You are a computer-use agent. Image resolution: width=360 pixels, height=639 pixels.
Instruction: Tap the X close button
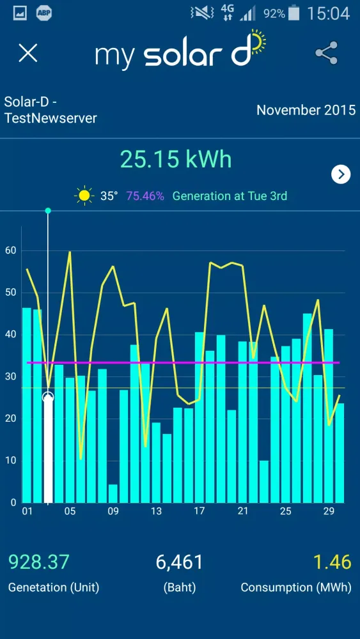coord(28,53)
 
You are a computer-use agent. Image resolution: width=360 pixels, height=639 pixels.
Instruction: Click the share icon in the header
coord(326,54)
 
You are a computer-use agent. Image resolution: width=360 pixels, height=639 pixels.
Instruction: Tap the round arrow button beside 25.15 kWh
coord(341,174)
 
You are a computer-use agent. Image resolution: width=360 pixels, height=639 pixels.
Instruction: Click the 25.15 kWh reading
coord(176,159)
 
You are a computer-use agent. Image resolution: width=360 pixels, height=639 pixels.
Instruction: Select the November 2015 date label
coord(306,110)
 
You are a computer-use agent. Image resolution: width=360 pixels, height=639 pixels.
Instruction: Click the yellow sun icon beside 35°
coord(84,196)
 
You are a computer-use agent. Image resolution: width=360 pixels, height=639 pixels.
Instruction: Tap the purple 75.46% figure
coord(145,196)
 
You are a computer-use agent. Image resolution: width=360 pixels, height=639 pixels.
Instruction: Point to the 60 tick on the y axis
coord(10,250)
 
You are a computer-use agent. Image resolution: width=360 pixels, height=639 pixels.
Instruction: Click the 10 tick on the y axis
coord(10,461)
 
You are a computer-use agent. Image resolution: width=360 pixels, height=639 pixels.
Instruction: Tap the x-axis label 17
coord(200,511)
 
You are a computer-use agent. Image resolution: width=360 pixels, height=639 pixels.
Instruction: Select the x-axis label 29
coord(329,511)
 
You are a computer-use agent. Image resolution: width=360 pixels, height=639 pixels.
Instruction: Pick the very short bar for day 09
coord(113,493)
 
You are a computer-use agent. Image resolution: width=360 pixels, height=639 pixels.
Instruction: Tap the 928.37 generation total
coord(38,562)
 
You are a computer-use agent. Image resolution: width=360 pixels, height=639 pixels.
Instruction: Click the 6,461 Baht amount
coord(180,562)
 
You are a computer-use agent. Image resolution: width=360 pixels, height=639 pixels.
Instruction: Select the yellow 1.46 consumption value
coord(333,562)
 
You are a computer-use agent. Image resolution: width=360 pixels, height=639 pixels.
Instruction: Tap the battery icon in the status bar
coord(293,13)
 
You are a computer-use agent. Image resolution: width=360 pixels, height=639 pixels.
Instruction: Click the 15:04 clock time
coord(328,13)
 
